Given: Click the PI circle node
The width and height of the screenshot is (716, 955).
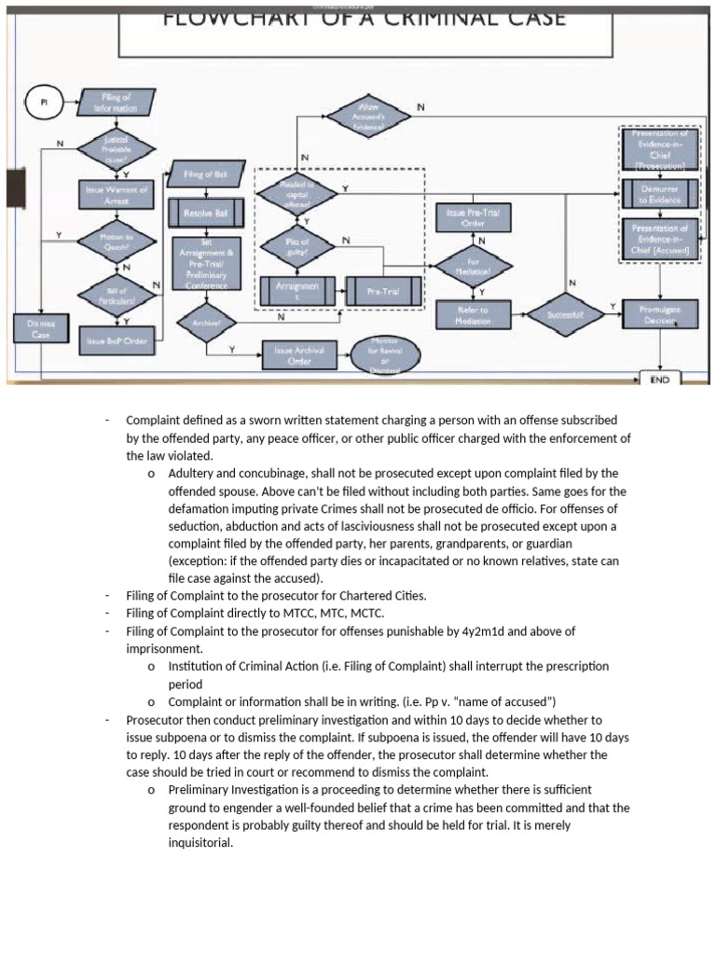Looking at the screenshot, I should click(x=42, y=103).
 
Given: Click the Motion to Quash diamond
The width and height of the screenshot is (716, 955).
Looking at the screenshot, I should click(x=116, y=242).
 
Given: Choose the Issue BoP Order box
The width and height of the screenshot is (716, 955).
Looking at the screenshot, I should click(x=116, y=341).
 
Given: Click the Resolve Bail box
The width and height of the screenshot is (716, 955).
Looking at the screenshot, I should click(x=206, y=214).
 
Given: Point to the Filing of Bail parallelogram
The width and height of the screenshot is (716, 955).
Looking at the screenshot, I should click(x=206, y=174).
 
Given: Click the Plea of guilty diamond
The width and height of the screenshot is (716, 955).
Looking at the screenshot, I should click(x=296, y=246).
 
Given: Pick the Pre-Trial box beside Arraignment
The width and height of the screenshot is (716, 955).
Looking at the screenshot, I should click(x=382, y=291).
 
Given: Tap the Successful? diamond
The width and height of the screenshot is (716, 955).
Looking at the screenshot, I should click(x=565, y=315).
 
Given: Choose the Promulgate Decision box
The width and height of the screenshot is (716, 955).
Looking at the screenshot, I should click(x=660, y=314).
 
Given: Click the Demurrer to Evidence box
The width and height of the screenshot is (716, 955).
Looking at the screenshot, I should click(x=660, y=194).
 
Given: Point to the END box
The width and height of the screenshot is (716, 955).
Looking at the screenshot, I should click(x=660, y=380).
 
